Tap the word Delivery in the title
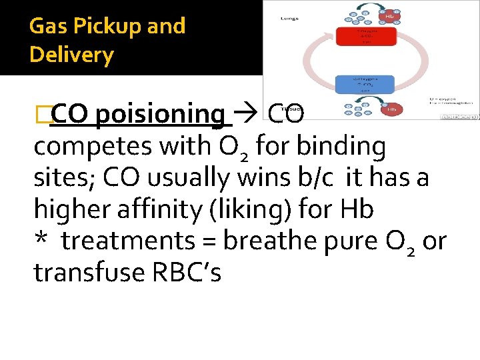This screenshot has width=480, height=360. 72,55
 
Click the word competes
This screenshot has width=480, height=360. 93,147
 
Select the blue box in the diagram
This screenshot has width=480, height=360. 367,83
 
